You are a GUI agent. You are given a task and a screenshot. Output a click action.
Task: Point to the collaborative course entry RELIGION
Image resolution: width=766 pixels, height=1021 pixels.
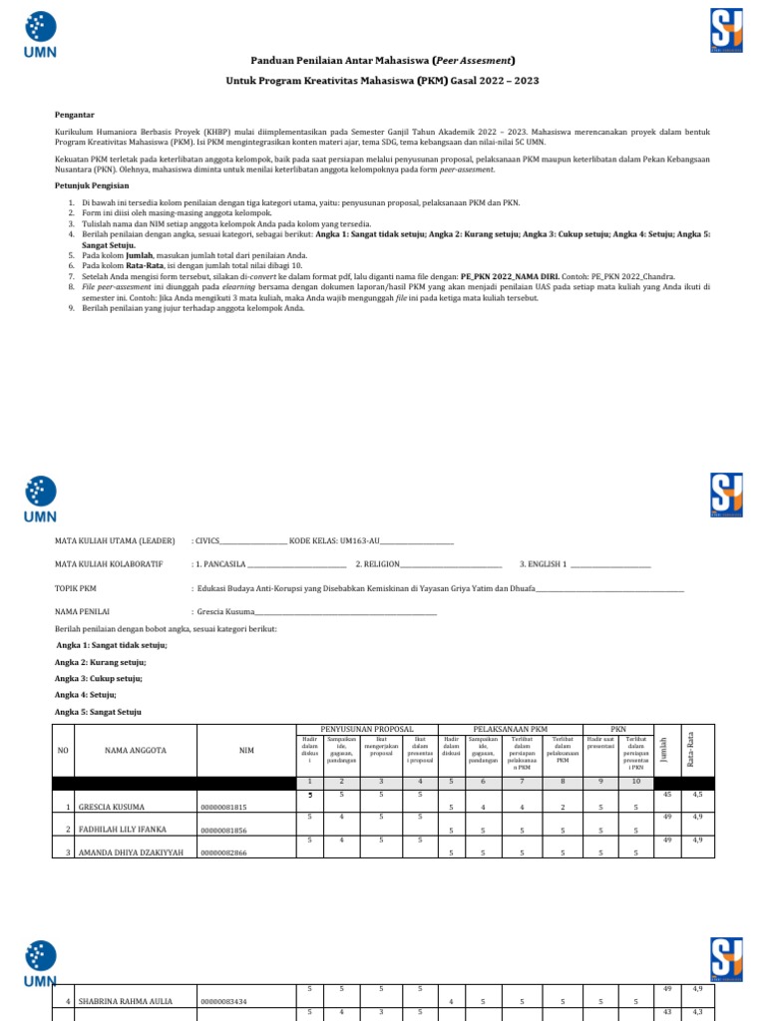click(x=381, y=564)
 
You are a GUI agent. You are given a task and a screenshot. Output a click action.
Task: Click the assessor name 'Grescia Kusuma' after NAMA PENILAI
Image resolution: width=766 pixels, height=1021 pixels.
click(x=224, y=611)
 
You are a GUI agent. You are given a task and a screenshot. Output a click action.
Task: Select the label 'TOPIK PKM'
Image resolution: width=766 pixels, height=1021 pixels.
click(x=76, y=588)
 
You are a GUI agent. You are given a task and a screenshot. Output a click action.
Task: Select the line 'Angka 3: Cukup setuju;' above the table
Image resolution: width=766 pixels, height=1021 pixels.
click(x=99, y=678)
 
